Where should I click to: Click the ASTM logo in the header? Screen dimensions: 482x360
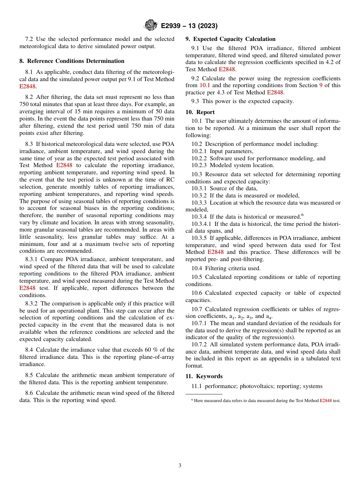(x=151, y=26)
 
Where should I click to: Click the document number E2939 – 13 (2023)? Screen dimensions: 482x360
(x=189, y=26)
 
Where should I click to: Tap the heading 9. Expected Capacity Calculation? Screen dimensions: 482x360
(x=230, y=39)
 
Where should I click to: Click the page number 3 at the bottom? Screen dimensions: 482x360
(x=180, y=465)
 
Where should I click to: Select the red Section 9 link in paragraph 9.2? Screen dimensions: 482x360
(x=320, y=85)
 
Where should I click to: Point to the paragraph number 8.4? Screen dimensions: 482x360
(x=30, y=350)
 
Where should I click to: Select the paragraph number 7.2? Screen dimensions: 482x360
(x=30, y=39)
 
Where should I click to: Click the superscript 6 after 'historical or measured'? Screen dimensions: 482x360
(x=302, y=215)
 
